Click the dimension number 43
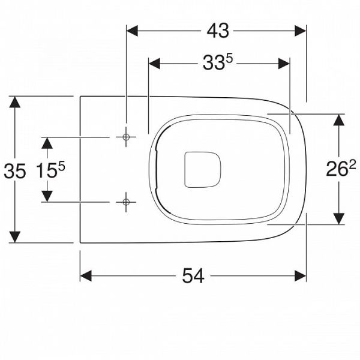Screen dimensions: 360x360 tap(218, 31)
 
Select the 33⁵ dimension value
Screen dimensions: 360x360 tap(218, 62)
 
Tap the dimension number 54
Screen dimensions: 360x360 tap(193, 276)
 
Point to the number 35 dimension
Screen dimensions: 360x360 tap(15, 171)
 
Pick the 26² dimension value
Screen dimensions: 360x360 tap(341, 169)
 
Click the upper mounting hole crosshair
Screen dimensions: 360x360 tap(126, 137)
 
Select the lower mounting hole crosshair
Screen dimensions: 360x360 tap(126, 202)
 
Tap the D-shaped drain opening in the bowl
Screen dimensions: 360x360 tap(203, 170)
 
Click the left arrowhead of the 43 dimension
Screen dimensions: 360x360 tap(132, 31)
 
